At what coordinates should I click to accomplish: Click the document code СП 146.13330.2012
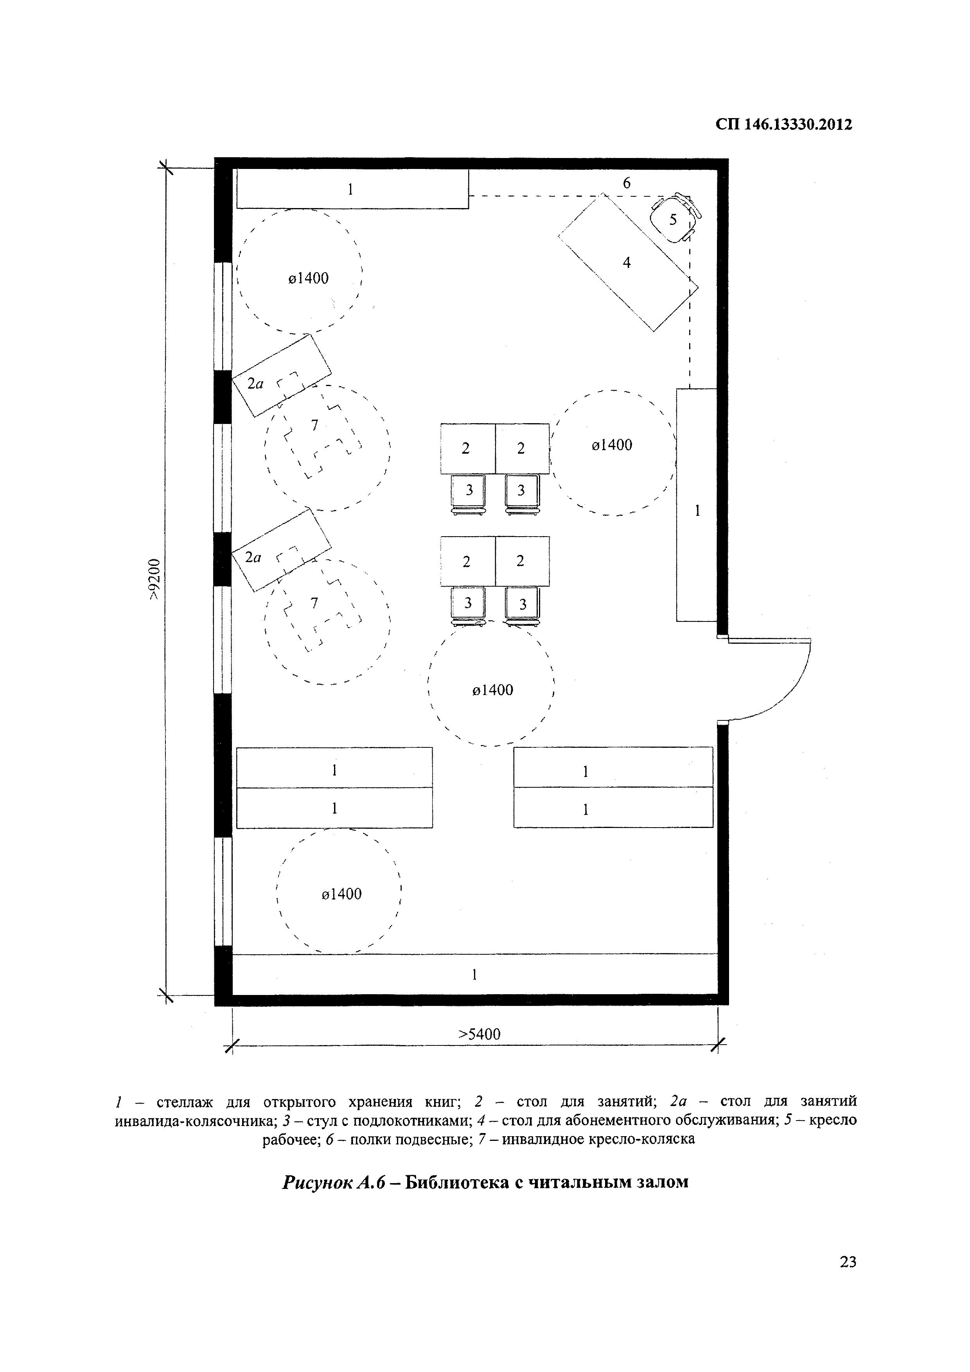tap(783, 124)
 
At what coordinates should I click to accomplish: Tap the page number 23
tap(848, 1261)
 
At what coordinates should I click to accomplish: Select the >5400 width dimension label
tap(479, 1034)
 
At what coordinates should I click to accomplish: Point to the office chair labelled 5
tap(674, 217)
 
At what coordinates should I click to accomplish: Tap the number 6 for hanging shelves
tap(626, 183)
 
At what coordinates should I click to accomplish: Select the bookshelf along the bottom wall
tap(474, 975)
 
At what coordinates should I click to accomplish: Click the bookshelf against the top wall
tap(353, 189)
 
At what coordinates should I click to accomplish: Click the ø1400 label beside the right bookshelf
tap(611, 445)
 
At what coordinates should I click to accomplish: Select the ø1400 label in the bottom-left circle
tap(341, 894)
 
